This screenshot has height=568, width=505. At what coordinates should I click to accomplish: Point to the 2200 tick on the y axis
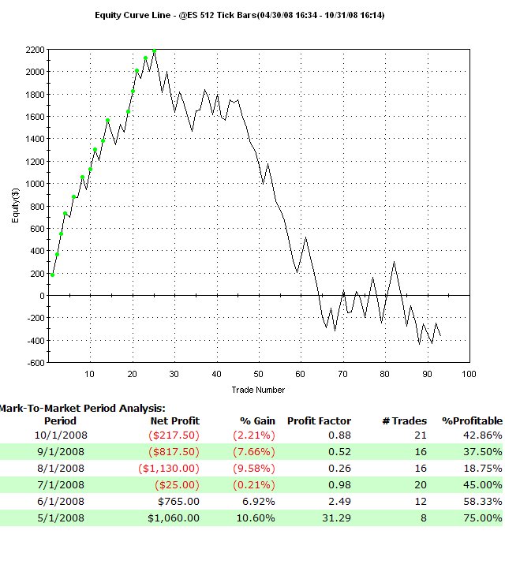[x=36, y=50]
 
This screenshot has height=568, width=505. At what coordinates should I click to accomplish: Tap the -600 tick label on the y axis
[x=36, y=363]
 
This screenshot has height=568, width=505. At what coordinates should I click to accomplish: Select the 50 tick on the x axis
[x=258, y=374]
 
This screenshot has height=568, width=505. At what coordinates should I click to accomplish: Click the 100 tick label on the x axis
[x=469, y=374]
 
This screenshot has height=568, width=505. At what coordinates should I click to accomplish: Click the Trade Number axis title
[x=258, y=390]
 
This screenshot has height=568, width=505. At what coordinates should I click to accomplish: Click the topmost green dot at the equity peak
[x=154, y=50]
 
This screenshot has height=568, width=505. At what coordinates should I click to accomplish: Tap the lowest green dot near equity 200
[x=53, y=275]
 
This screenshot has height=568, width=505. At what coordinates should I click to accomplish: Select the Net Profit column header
[x=174, y=421]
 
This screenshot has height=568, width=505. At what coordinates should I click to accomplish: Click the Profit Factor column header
[x=319, y=421]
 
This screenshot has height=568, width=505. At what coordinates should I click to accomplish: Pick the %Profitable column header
[x=472, y=421]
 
